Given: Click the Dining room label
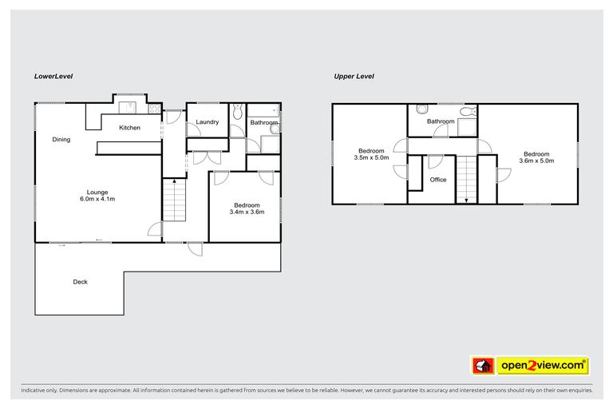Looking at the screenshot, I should coord(61,140).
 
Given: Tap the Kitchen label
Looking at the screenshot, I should coord(130,128).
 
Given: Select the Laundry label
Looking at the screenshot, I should coord(208,122).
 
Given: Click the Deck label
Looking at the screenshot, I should coord(80,281).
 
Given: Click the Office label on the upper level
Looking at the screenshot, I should coord(438,180).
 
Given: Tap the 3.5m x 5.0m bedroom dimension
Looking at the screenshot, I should coord(371,158).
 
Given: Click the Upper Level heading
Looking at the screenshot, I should coord(354,77).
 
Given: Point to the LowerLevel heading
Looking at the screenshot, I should coord(53,77).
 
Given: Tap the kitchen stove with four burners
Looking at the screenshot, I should coord(155,109).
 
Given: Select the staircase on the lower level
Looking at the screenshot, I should coord(174,200).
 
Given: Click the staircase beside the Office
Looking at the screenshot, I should coord(465,179).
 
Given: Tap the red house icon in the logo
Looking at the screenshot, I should coord(482,366).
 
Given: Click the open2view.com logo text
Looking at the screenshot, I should coord(540,366).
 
